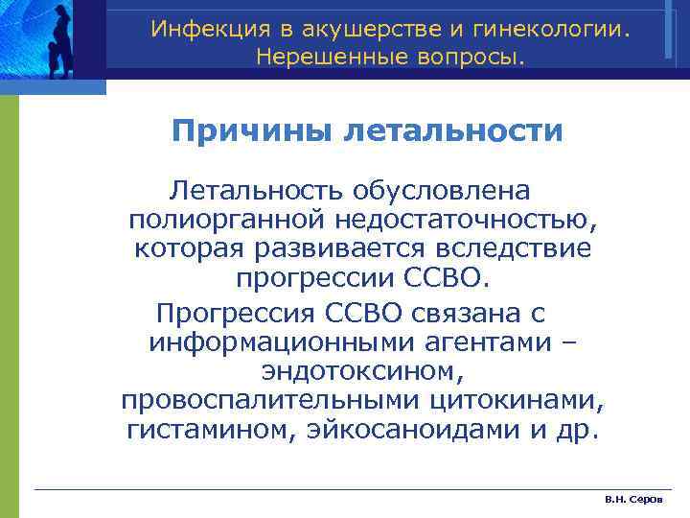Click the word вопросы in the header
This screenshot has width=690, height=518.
[x=472, y=59]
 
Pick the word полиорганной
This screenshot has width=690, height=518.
[x=226, y=221]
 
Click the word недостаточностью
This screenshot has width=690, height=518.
[x=464, y=221]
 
